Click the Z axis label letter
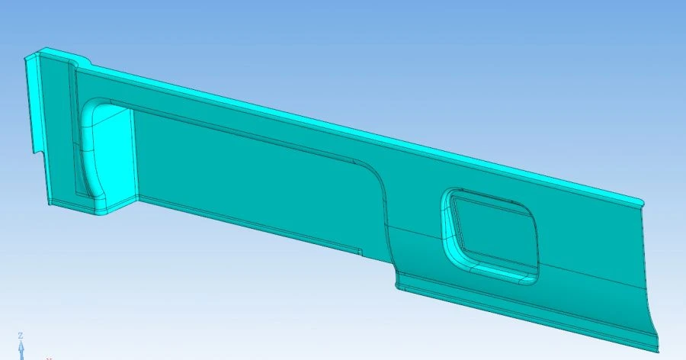tap(21, 336)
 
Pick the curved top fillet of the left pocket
tap(95, 106)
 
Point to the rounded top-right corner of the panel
tap(640, 201)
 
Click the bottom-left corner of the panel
tap(48, 204)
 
